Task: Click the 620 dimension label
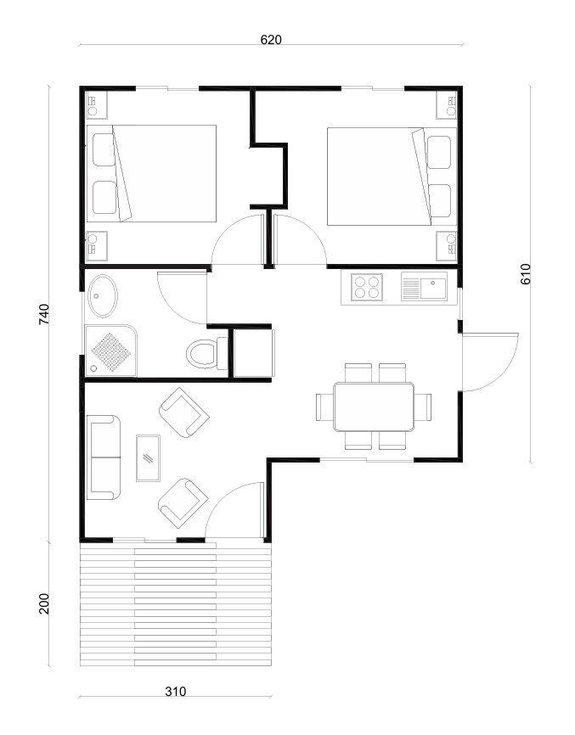point(271,40)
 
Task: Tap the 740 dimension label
point(43,314)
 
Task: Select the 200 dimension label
point(43,603)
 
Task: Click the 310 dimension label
point(176,692)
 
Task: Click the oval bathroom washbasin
point(103,295)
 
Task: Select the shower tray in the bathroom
point(111,351)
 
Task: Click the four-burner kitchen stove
point(367,287)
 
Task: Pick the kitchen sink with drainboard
point(424,287)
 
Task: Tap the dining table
point(374,407)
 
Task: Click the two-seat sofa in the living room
point(104,457)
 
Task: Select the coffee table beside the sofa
point(148,458)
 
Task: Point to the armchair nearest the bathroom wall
point(183,412)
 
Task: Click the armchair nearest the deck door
point(183,503)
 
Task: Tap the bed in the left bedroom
point(151,173)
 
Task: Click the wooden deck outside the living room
point(176,604)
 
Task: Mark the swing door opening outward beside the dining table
point(490,362)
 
